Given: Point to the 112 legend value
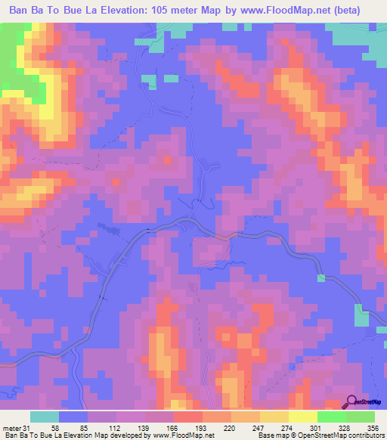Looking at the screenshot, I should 113,428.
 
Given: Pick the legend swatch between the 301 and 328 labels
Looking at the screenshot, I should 331,417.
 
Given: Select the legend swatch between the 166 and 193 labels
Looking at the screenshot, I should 187,417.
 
